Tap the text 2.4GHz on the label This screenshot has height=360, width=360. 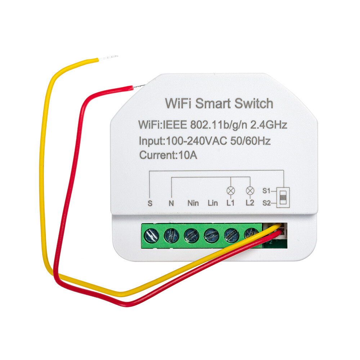pyautogui.click(x=269, y=125)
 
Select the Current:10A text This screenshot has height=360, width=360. pyautogui.click(x=168, y=155)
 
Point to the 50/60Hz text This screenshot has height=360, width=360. pyautogui.click(x=251, y=141)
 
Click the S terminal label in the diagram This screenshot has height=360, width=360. pyautogui.click(x=150, y=203)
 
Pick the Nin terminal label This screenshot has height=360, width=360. pyautogui.click(x=193, y=203)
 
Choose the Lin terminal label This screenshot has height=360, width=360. pyautogui.click(x=213, y=203)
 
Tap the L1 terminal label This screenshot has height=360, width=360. pyautogui.click(x=230, y=203)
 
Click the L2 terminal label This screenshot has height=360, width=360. pyautogui.click(x=250, y=203)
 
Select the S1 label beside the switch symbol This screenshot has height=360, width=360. pyautogui.click(x=266, y=191)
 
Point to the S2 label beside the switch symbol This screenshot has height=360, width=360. pyautogui.click(x=266, y=203)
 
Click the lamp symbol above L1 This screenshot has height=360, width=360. pyautogui.click(x=231, y=190)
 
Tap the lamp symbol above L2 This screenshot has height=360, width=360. pyautogui.click(x=250, y=190)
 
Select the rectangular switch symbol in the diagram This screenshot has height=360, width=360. pyautogui.click(x=283, y=197)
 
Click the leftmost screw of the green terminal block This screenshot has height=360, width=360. pyautogui.click(x=151, y=236)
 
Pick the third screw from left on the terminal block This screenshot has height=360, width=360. pyautogui.click(x=191, y=235)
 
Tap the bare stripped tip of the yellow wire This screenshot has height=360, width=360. pyautogui.click(x=108, y=58)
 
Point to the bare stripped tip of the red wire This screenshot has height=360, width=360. pyautogui.click(x=139, y=86)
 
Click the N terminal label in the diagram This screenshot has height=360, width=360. pyautogui.click(x=171, y=203)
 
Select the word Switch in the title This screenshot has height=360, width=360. pyautogui.click(x=254, y=104)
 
